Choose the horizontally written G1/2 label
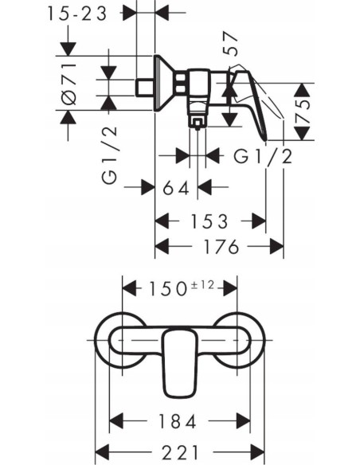click(x=263, y=156)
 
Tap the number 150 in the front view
click(x=162, y=287)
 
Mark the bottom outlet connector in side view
click(x=197, y=117)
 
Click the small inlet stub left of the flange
click(x=146, y=84)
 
